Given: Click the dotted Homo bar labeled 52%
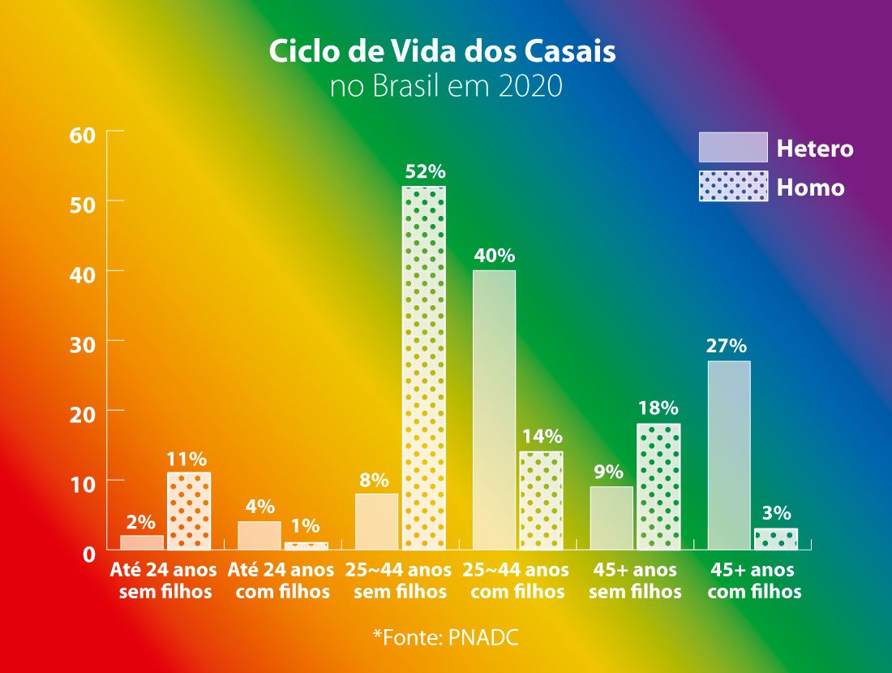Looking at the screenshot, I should [x=424, y=368].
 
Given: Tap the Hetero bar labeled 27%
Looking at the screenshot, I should [x=729, y=455].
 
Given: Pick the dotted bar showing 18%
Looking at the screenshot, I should [x=658, y=486].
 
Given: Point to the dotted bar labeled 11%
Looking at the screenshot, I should [x=189, y=511].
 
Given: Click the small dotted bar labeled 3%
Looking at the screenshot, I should [x=776, y=539].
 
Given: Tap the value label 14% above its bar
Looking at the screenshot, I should [x=542, y=437].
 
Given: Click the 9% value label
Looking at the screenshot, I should [x=607, y=472].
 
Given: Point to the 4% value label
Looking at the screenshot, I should [x=259, y=507].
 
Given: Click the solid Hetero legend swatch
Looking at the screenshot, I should [x=732, y=148].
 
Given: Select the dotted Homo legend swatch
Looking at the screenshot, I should [x=732, y=187].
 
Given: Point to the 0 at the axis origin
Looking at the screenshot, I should [x=89, y=554].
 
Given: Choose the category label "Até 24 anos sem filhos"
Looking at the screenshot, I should [x=165, y=580].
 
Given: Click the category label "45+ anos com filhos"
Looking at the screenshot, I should [x=753, y=580].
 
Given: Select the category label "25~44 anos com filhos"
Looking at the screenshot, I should [x=517, y=580].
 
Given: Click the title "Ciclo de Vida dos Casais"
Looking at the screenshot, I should [x=442, y=52].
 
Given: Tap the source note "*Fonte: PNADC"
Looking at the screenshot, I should [x=445, y=636].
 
